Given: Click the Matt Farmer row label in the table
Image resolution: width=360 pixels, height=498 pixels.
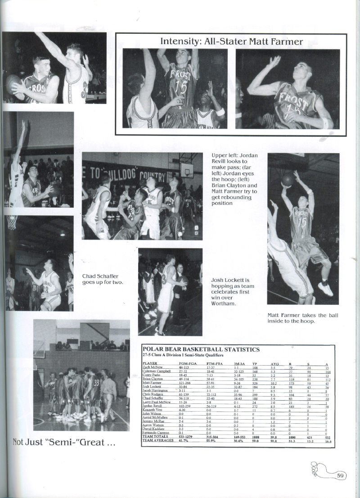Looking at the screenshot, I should coord(152,383).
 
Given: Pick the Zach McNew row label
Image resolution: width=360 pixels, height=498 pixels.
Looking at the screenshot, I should coord(152,367).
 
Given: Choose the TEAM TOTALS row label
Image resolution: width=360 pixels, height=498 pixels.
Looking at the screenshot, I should coord(155,437).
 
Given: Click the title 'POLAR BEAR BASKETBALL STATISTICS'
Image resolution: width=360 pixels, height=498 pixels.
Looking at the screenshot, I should coord(201,349).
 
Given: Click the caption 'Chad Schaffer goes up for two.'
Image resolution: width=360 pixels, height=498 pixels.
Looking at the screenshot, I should coord(102,279).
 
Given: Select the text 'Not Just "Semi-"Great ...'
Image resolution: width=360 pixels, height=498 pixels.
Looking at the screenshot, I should coord(64,442).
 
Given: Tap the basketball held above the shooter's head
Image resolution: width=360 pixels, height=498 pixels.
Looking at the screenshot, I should coord(288,180).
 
